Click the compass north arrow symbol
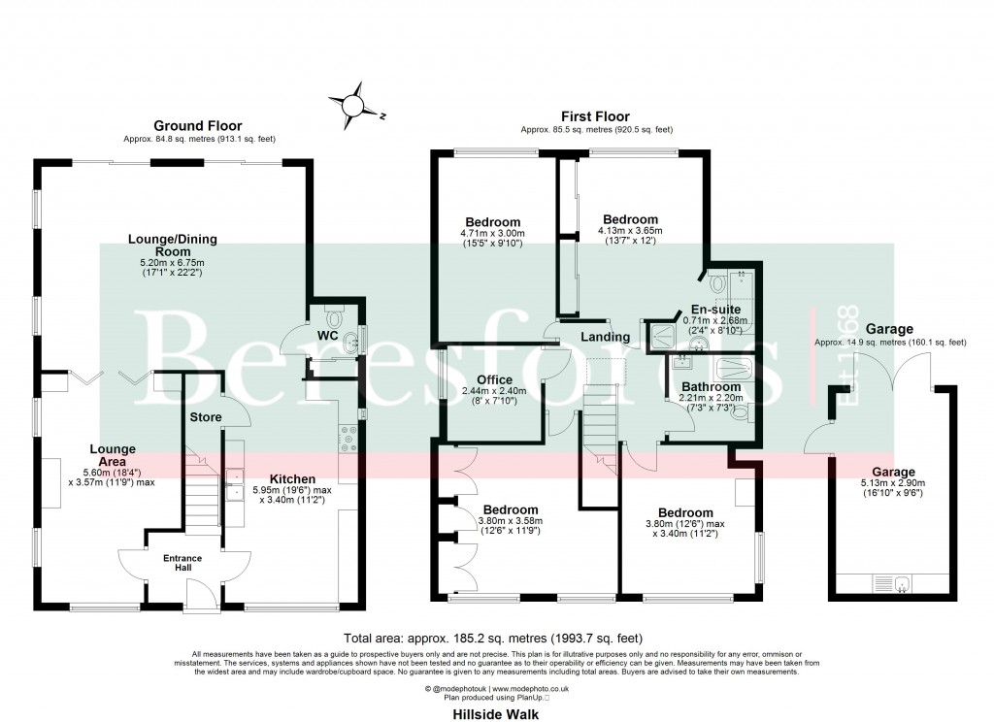355,104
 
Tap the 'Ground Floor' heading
197,126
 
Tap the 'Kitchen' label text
292,479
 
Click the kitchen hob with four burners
347,440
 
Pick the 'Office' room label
494,379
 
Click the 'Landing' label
606,337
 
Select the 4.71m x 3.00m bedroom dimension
491,234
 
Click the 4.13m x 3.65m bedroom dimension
630,231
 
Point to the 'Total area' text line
494,639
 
